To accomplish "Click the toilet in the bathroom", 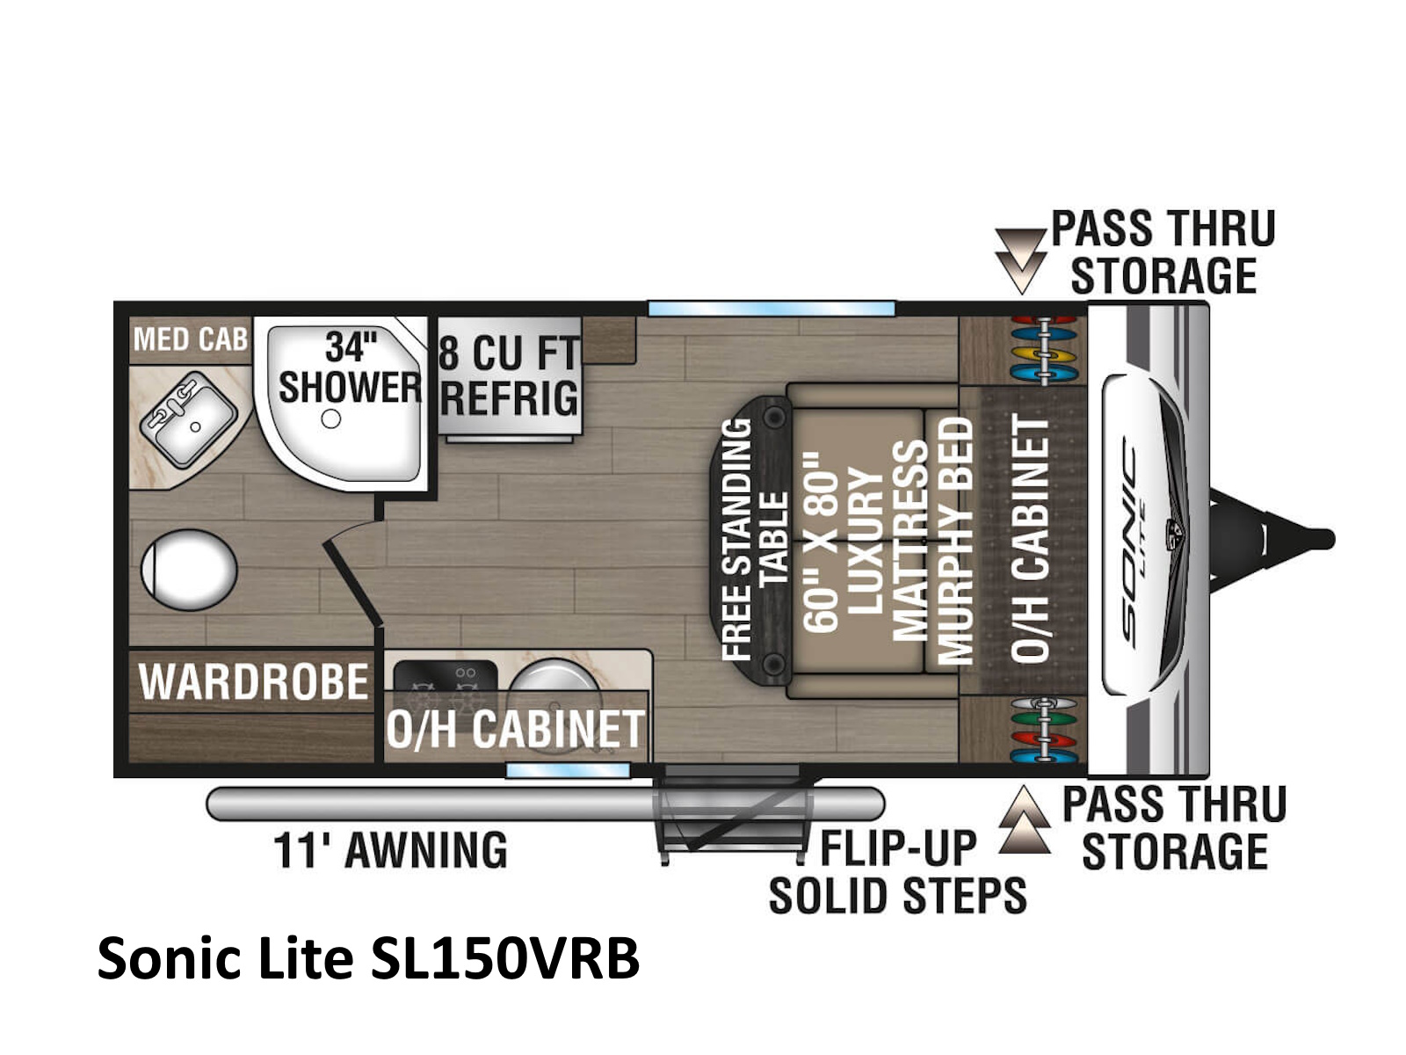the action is [189, 570].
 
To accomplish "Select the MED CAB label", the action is [190, 339].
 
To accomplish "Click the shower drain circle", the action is [330, 419].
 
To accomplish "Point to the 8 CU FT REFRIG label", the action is [510, 375].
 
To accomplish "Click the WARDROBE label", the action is [254, 681].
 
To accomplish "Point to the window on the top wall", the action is [772, 309].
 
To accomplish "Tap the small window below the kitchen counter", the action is [568, 771].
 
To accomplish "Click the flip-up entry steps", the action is [734, 812].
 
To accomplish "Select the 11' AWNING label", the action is [391, 850].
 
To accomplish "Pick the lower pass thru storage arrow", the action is [1025, 820].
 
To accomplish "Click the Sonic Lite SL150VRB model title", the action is [368, 958].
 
